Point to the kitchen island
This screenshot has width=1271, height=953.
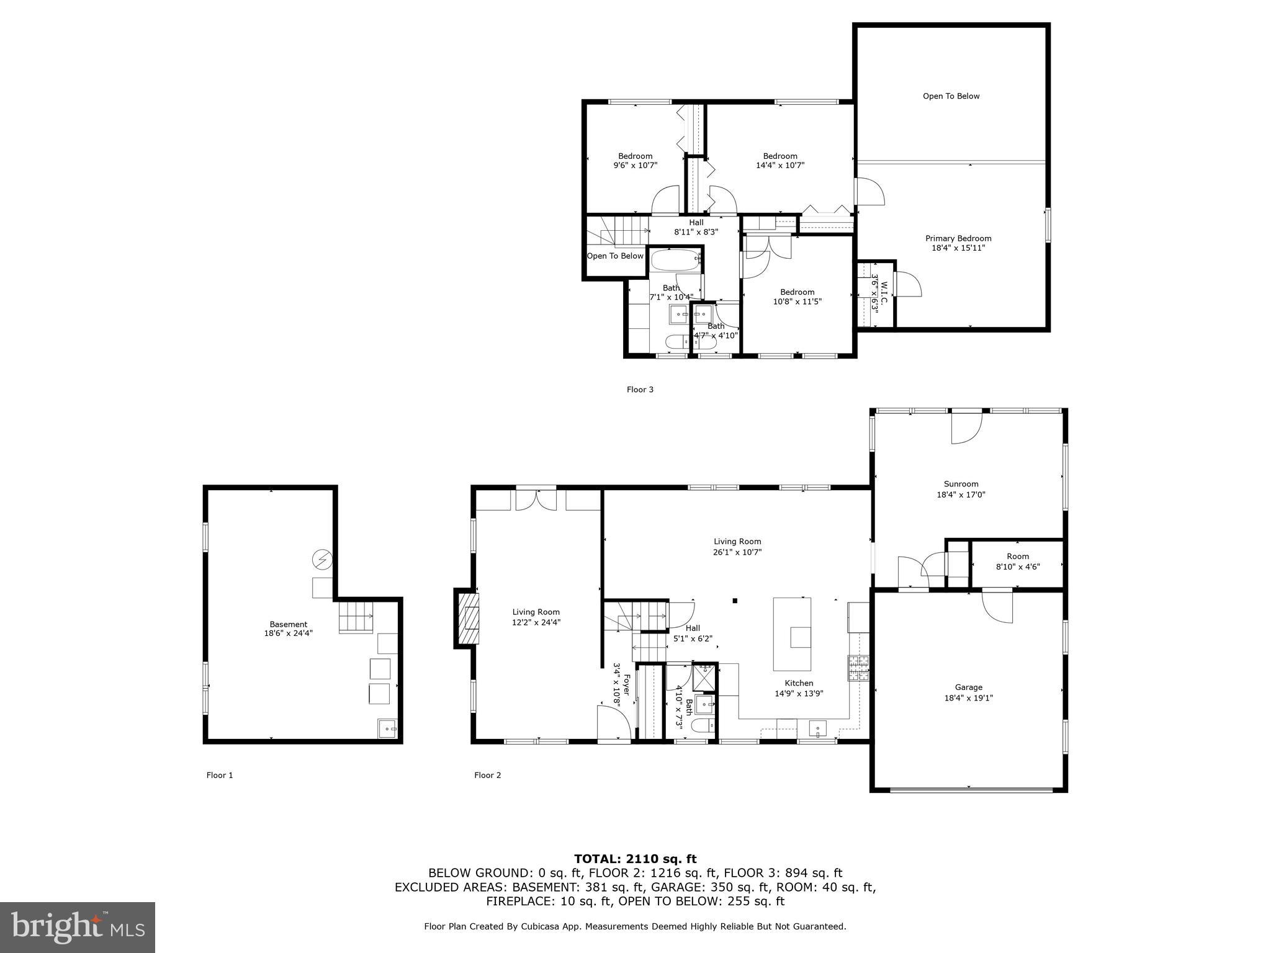[792, 633]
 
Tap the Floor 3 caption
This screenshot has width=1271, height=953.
[640, 390]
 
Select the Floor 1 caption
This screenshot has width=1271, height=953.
[220, 775]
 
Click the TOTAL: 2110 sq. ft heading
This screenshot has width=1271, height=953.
[635, 859]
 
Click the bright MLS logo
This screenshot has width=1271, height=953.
[78, 927]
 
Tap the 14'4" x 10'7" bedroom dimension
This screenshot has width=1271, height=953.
[780, 166]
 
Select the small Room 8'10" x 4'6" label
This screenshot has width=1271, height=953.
[1017, 561]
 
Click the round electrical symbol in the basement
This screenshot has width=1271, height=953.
[322, 560]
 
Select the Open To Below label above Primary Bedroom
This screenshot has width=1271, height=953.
[951, 96]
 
